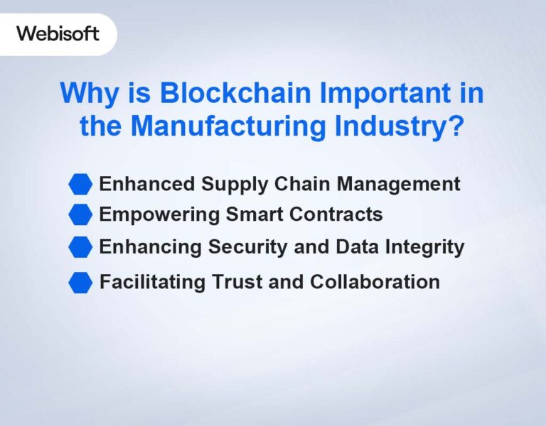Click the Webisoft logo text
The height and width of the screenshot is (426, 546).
click(x=58, y=33)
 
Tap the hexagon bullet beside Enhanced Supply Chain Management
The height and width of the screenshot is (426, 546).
click(x=80, y=185)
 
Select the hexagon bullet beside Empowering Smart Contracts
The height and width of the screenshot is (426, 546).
click(x=80, y=214)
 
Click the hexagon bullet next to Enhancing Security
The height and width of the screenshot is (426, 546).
click(x=80, y=247)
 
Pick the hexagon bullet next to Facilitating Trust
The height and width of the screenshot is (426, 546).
click(x=80, y=282)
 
